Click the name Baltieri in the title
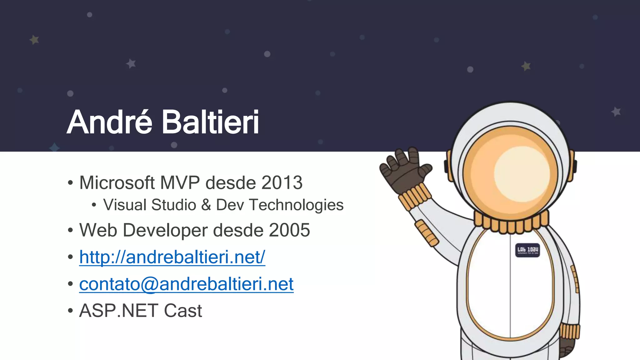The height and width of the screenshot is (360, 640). [x=210, y=122]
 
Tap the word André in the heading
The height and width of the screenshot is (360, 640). [x=109, y=122]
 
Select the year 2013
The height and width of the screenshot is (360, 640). [x=282, y=183]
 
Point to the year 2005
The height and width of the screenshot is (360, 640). [x=289, y=230]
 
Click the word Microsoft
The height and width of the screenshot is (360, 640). [x=117, y=183]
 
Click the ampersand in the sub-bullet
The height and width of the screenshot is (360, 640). [x=206, y=205]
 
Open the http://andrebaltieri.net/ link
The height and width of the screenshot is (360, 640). [x=172, y=257]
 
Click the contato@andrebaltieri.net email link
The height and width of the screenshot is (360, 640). [x=186, y=284]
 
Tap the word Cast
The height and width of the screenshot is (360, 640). [x=183, y=311]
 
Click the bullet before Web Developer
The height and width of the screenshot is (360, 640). [x=70, y=231]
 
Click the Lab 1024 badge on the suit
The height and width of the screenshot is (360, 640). [x=527, y=250]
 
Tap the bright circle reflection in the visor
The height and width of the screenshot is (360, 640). [x=520, y=173]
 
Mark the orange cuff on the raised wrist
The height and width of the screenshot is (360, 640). [x=415, y=195]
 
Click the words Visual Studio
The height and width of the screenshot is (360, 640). [x=150, y=205]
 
